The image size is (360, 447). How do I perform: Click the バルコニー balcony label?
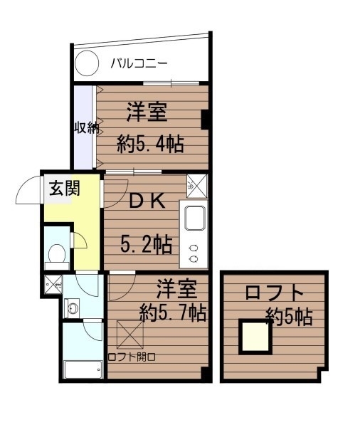(x=139, y=63)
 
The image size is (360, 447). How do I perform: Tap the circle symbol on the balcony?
(x=85, y=64)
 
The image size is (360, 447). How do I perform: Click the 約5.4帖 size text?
(x=150, y=144)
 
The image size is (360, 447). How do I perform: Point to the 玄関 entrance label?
(x=64, y=189)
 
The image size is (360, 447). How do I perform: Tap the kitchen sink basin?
(x=194, y=216)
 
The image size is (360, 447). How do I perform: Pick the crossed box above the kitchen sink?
(x=196, y=185)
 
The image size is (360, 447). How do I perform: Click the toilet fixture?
(x=55, y=253)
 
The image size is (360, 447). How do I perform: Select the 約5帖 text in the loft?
(x=289, y=316)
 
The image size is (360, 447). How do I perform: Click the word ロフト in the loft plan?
(x=274, y=293)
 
